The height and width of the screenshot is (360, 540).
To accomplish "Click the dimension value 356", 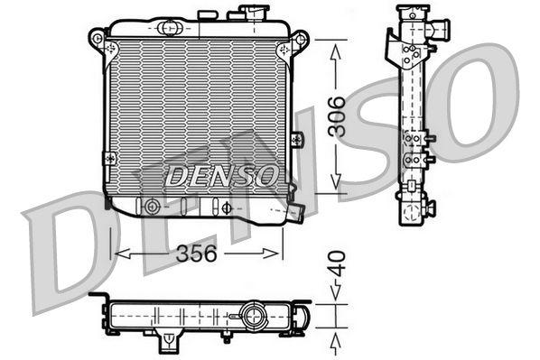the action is pos(196,254).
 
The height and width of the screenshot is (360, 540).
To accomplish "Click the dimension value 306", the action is pos(337,116).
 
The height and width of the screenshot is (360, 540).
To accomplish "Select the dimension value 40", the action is pos(337,264).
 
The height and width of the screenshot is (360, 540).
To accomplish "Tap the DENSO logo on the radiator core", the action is pos(222,175).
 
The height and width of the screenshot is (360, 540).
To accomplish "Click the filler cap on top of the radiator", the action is pos(254,13).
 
